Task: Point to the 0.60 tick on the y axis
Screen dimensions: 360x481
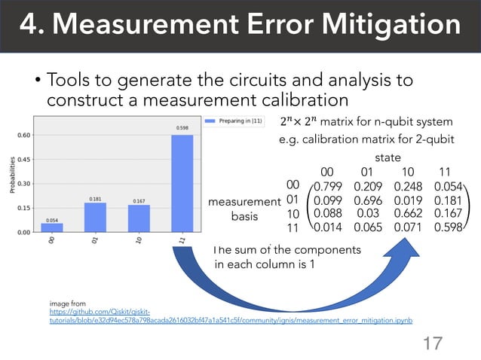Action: (24, 136)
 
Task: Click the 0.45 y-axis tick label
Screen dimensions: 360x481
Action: (24, 160)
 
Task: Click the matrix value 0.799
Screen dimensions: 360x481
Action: (328, 186)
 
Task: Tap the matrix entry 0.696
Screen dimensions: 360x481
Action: (369, 201)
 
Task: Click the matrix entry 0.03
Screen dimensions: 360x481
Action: (369, 214)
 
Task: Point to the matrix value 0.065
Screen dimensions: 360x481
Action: (369, 227)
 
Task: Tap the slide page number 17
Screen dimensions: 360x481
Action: (432, 343)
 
